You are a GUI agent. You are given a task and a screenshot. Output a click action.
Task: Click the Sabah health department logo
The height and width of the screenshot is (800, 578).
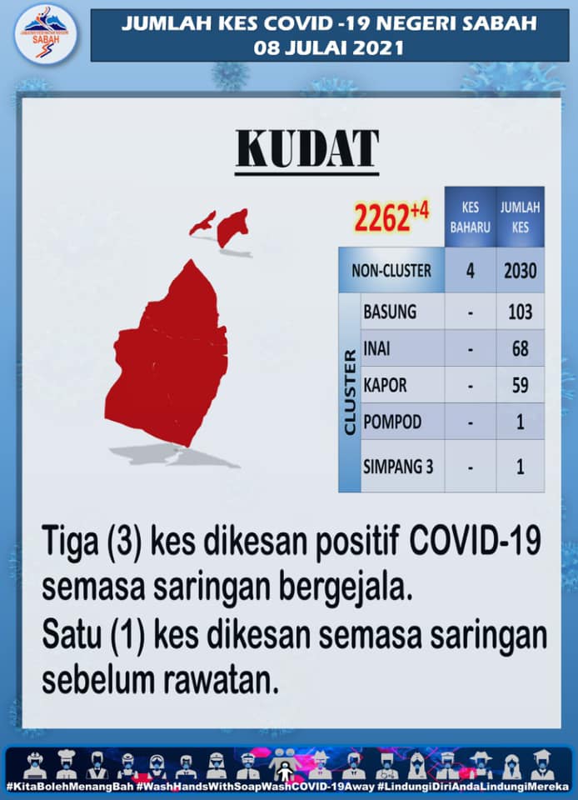click(45, 35)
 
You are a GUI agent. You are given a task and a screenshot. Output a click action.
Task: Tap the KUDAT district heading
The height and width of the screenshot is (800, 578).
click(306, 148)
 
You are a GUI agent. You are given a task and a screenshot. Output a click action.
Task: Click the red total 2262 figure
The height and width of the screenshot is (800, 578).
click(381, 217)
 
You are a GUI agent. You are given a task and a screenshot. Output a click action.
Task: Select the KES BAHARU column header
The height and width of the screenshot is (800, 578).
click(470, 217)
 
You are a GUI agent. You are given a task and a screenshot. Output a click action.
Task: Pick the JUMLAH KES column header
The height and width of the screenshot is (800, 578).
click(520, 217)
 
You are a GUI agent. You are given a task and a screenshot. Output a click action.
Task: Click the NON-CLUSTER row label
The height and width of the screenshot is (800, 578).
click(391, 270)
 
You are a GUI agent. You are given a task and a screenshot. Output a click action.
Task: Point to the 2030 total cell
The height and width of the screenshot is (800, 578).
click(520, 270)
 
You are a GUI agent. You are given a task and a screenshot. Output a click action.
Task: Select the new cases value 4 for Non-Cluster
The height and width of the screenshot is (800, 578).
click(470, 270)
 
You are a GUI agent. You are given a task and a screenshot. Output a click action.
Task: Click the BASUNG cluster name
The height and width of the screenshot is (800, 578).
click(390, 311)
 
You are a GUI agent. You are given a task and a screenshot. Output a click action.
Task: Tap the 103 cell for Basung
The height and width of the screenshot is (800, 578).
click(520, 311)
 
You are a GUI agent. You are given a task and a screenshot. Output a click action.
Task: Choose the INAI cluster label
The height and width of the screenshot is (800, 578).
click(376, 348)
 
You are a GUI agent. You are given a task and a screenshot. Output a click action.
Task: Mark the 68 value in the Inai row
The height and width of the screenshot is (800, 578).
click(520, 348)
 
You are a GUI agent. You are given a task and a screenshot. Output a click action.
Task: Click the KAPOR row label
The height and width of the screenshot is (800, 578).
click(385, 385)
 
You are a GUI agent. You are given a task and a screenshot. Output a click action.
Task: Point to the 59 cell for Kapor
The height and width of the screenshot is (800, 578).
click(520, 385)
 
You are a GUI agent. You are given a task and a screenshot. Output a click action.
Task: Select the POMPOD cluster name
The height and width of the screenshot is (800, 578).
click(392, 422)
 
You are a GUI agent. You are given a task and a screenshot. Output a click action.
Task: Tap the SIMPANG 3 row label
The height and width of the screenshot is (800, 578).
click(398, 467)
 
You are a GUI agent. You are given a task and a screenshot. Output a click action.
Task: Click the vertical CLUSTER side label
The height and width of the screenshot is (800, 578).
click(350, 392)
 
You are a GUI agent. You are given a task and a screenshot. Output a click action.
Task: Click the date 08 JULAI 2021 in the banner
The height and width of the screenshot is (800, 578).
click(329, 48)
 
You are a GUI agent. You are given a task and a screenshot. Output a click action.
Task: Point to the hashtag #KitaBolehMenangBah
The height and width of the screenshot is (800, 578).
click(70, 786)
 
